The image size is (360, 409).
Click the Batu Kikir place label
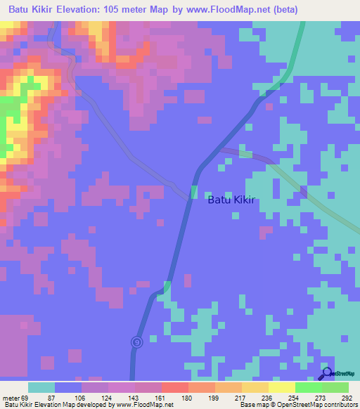click(231, 200)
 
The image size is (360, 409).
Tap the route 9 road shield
click(136, 342)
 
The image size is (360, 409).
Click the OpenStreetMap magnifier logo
click(327, 374)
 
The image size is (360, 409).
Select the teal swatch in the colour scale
click(41, 387)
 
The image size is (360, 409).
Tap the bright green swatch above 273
click(309, 387)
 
